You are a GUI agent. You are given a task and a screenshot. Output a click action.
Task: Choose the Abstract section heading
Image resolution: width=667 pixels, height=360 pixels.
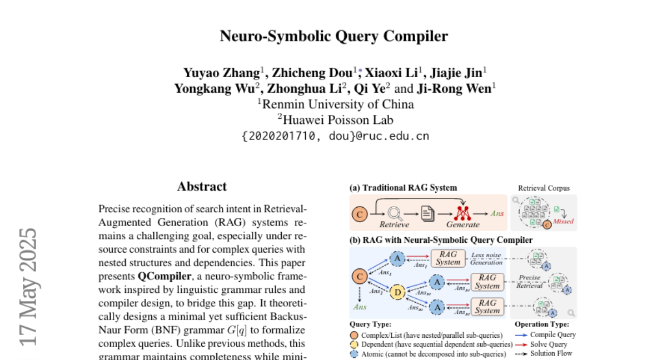(x=202, y=187)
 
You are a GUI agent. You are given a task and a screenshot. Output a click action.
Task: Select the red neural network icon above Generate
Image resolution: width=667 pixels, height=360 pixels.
(x=462, y=213)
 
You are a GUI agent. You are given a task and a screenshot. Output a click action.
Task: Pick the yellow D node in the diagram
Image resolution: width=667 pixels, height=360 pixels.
(x=397, y=292)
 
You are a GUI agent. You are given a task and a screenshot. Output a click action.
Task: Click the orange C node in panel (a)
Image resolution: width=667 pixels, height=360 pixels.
(x=360, y=214)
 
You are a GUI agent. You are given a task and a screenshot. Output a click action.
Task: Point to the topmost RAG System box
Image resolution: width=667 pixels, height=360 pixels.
(x=447, y=258)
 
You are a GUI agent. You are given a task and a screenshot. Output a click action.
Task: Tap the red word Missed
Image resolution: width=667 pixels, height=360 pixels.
(x=563, y=222)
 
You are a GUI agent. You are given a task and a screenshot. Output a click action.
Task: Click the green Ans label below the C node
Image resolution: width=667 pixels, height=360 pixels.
(x=359, y=306)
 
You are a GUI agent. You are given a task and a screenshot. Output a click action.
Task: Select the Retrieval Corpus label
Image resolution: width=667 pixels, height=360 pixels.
(x=543, y=188)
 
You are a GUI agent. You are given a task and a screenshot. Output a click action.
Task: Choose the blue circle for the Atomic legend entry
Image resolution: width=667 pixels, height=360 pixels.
(x=354, y=353)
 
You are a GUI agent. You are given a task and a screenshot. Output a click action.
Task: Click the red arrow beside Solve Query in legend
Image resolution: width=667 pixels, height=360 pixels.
(x=521, y=344)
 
